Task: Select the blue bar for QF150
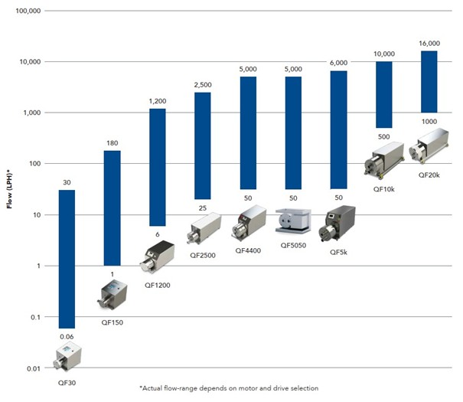pyautogui.click(x=112, y=208)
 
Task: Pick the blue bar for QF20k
pyautogui.click(x=429, y=80)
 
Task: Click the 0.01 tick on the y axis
pyautogui.click(x=31, y=368)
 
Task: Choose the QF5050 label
pyautogui.click(x=293, y=245)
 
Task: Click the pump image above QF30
pyautogui.click(x=67, y=358)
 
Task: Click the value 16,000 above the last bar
pyautogui.click(x=429, y=44)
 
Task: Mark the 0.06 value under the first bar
pyautogui.click(x=67, y=336)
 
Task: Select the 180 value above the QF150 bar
pyautogui.click(x=112, y=143)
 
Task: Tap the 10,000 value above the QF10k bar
pyautogui.click(x=384, y=54)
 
